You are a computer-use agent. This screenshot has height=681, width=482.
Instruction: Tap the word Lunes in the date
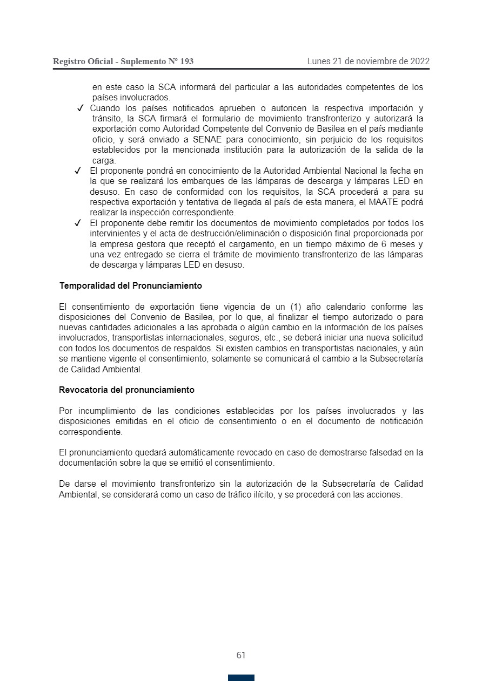coord(319,61)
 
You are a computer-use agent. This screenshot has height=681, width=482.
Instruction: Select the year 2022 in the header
coord(419,61)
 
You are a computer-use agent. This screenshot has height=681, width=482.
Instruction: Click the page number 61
coord(241,656)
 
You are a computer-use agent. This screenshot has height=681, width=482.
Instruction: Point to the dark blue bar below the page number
coord(241,677)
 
